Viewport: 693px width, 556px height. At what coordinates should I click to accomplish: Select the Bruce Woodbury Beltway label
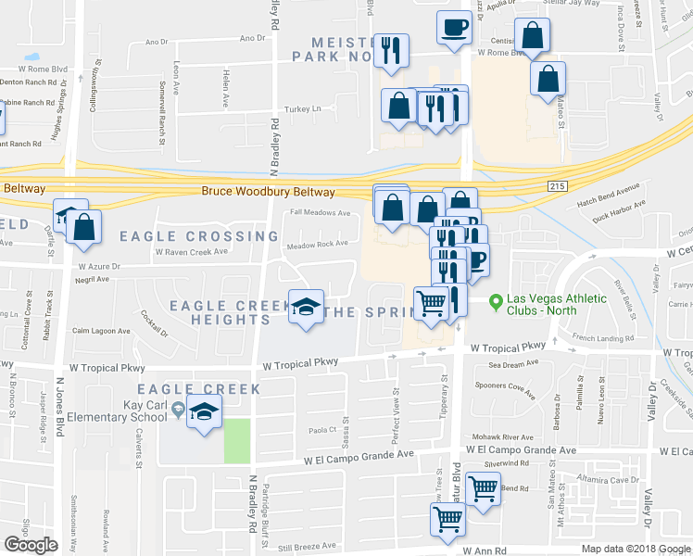269,192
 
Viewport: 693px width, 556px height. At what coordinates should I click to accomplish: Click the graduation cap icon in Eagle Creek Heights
305,308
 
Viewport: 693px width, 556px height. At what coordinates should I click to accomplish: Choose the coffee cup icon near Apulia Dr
454,27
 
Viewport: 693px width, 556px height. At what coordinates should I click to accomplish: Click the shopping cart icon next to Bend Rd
483,487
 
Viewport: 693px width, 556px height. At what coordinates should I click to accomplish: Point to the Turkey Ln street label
302,108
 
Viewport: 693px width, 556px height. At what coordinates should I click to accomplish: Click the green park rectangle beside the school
237,440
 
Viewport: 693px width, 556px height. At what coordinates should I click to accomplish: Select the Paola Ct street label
321,430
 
